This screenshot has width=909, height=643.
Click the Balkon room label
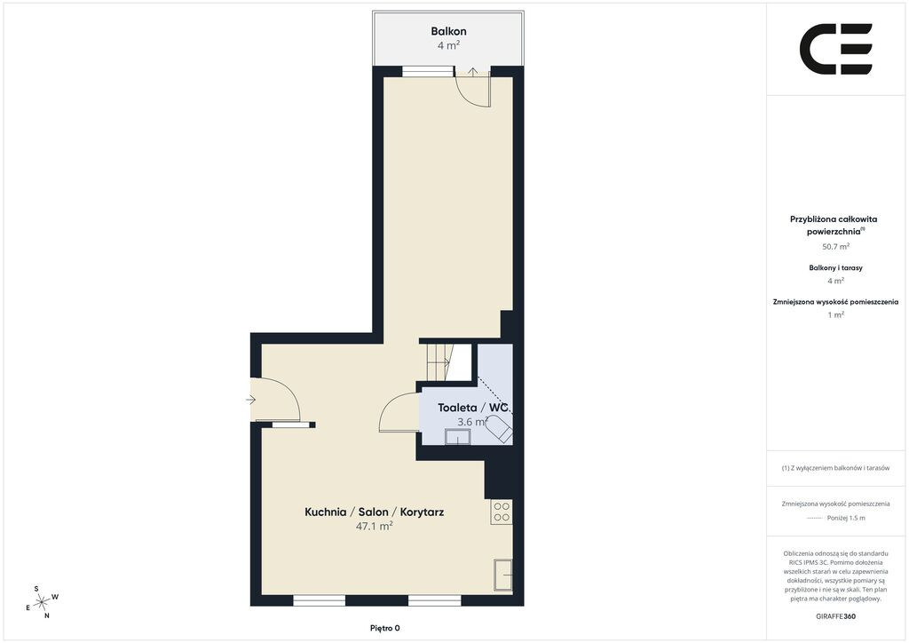click(448, 31)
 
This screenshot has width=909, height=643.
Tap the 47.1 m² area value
click(374, 526)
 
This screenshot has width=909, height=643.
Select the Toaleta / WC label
click(474, 408)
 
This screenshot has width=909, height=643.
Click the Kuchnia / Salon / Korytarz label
click(374, 512)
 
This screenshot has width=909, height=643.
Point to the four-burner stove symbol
click(502, 512)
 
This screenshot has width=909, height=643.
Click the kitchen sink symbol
click(503, 575)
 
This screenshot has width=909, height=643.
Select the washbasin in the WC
click(457, 437)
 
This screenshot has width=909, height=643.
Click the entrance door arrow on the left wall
click(250, 400)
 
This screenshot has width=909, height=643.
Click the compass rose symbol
click(42, 603)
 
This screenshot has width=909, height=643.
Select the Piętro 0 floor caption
click(385, 628)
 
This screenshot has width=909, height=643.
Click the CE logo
click(836, 49)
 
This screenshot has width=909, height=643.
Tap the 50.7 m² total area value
click(835, 246)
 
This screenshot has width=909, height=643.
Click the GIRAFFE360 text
click(835, 616)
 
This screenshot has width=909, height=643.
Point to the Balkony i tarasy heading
click(835, 268)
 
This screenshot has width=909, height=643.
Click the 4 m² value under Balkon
click(448, 45)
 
